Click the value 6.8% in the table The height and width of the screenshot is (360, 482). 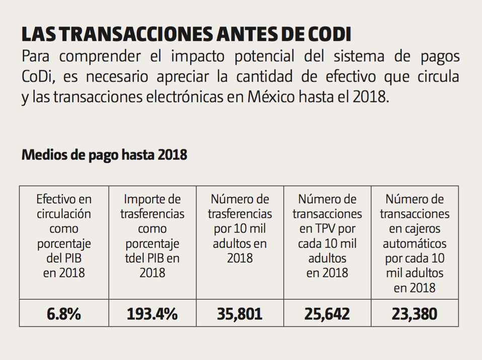pos(64,314)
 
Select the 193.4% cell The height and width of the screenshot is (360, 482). pos(152,314)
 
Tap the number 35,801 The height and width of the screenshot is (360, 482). pos(240,314)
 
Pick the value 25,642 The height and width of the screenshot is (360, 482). pos(327,314)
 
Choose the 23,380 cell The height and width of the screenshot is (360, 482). pos(415,314)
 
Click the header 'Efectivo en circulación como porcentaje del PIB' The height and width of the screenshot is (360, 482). pos(64,236)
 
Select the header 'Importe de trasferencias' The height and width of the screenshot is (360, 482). pos(152,236)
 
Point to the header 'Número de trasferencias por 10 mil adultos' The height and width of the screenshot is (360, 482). pos(240,229)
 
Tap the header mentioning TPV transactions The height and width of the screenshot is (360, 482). pos(327,236)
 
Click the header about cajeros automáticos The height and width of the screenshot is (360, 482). pos(415,243)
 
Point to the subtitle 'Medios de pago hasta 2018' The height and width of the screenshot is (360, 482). pos(105,155)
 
